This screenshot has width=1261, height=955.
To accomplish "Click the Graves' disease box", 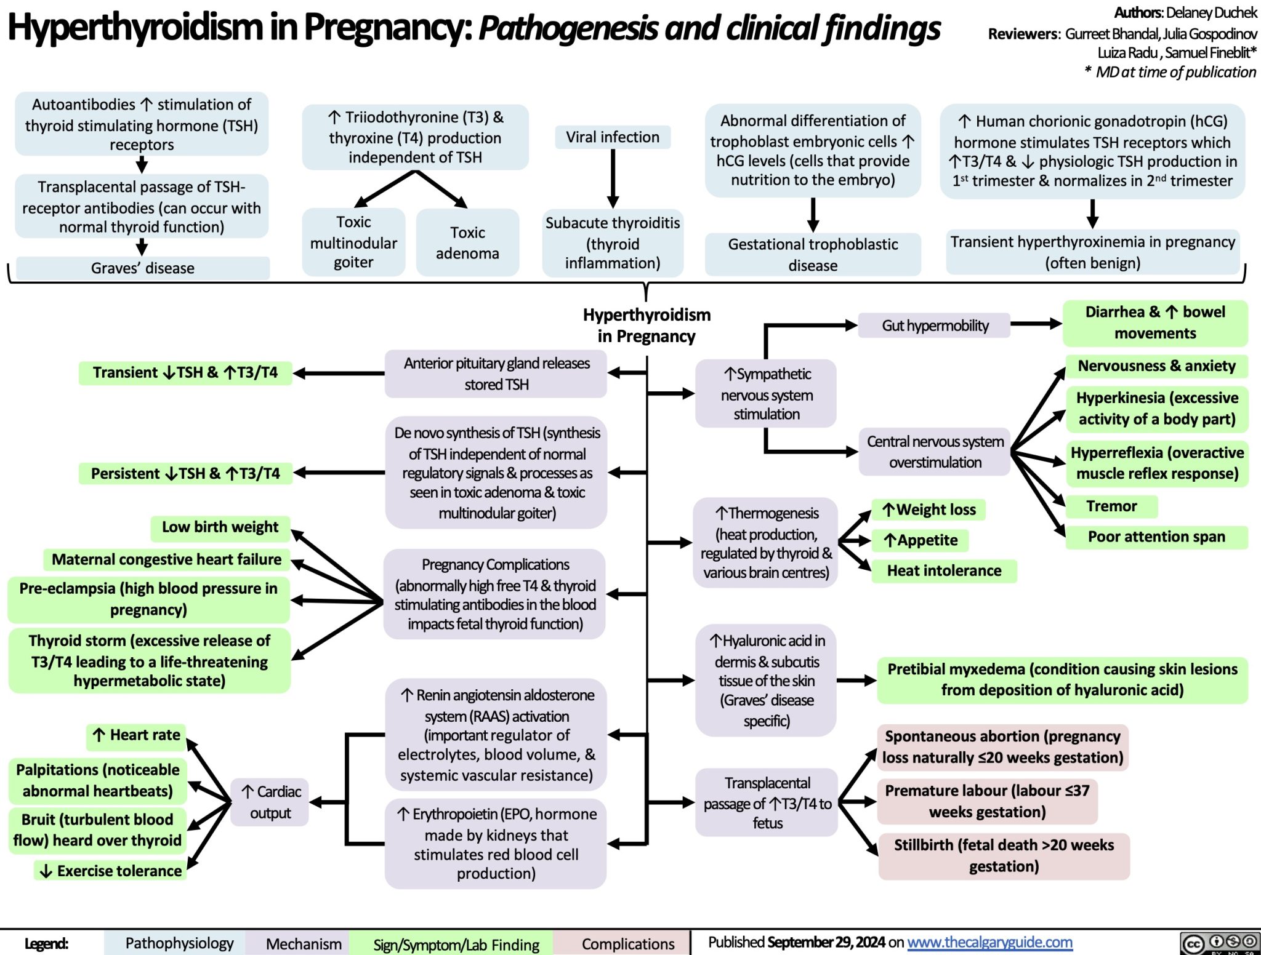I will click(x=142, y=268).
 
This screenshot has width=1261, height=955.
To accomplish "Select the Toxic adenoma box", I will click(x=467, y=242).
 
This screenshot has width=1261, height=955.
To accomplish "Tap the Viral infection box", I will click(x=612, y=137).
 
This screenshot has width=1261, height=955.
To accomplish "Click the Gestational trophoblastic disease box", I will click(x=813, y=255).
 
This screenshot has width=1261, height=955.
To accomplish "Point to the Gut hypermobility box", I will click(x=935, y=326).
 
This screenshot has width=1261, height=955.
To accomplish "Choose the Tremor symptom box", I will click(x=1111, y=506).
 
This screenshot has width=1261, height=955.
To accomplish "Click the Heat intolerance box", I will click(x=943, y=571).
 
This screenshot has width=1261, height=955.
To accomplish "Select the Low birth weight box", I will click(x=220, y=527).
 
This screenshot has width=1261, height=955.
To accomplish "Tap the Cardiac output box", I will click(x=270, y=802).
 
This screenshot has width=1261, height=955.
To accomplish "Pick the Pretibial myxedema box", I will click(x=1062, y=679).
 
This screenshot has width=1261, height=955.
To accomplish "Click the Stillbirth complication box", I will click(x=1004, y=856).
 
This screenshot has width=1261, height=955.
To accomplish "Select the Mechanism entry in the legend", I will click(x=303, y=944).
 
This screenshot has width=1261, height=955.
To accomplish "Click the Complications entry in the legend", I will click(x=627, y=944).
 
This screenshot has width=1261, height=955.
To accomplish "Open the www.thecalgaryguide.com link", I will click(x=989, y=942).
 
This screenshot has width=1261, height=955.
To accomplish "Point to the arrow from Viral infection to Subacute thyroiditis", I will click(x=613, y=178).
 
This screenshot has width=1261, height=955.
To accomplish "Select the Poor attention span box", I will click(x=1156, y=537).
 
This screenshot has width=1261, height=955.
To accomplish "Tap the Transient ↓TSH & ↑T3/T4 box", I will click(x=185, y=373).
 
